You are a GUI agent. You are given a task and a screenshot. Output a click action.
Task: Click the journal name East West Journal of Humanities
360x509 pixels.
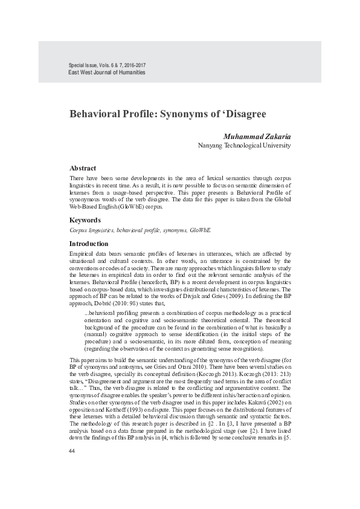107,73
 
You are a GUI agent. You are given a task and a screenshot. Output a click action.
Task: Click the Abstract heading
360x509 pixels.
83,168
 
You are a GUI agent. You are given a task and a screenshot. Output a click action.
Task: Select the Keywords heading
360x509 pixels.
85,220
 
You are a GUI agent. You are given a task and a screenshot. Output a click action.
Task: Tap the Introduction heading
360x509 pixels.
89,243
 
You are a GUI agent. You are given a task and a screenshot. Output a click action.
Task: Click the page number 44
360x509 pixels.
72,450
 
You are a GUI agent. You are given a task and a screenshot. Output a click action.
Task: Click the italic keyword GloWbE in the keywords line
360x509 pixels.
201,230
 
